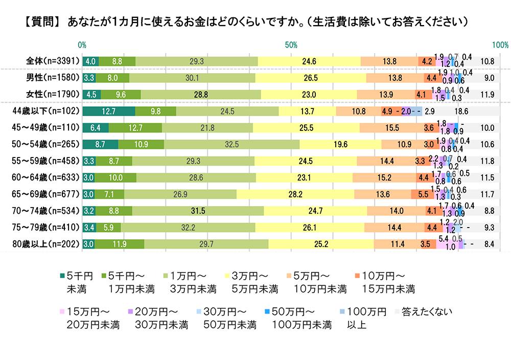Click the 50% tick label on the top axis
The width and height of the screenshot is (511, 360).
pyautogui.click(x=291, y=45)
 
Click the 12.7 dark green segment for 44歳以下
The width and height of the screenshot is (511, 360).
pyautogui.click(x=108, y=111)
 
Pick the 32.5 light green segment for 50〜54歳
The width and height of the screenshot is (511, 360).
pyautogui.click(x=231, y=144)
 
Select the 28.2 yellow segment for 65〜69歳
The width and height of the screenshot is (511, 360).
pyautogui.click(x=295, y=194)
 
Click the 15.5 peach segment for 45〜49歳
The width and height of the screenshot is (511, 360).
pyautogui.click(x=391, y=128)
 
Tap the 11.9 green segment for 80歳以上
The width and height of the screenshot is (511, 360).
pyautogui.click(x=119, y=244)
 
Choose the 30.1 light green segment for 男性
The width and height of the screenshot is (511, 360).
pyautogui.click(x=192, y=78)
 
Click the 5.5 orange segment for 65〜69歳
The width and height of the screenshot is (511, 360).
pyautogui.click(x=422, y=194)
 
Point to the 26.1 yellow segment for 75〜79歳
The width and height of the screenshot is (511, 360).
pyautogui.click(x=310, y=228)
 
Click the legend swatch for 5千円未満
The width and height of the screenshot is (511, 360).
pyautogui.click(x=62, y=277)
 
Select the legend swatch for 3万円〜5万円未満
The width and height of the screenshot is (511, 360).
pyautogui.click(x=227, y=277)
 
